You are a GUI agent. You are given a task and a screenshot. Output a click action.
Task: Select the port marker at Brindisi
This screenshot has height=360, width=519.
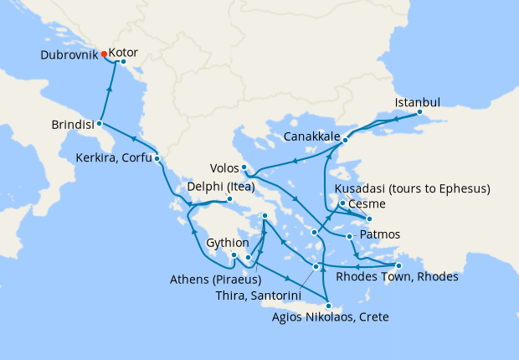98,123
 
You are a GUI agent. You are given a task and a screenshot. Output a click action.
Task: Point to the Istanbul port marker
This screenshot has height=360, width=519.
419,112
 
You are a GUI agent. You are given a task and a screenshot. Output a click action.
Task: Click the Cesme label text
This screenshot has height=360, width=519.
366,203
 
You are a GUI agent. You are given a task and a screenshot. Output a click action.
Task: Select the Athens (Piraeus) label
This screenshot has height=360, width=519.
215,279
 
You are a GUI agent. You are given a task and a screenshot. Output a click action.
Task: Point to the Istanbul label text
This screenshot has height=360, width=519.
416,103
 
